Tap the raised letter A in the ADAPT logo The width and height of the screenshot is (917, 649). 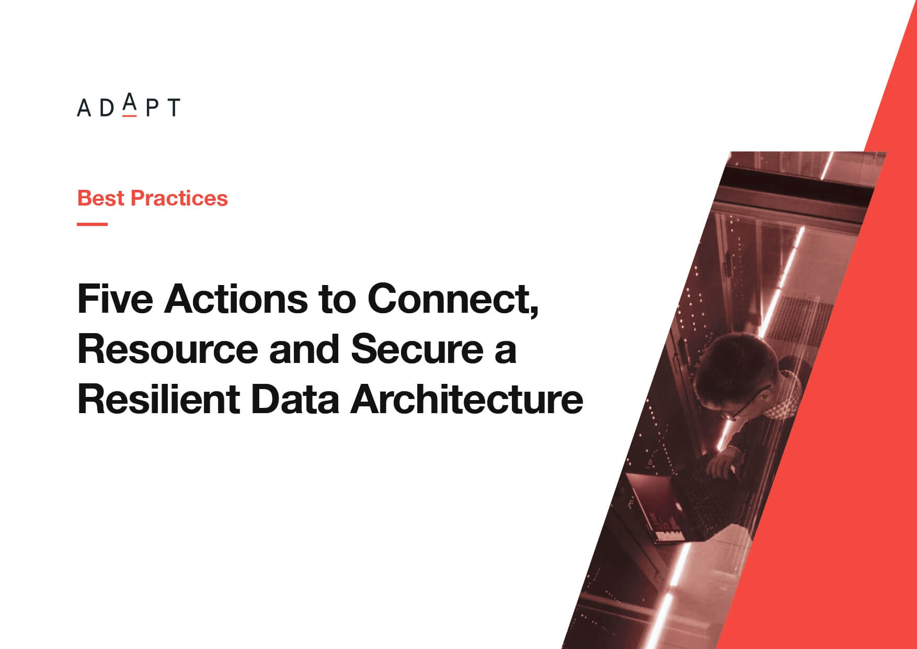coord(130,103)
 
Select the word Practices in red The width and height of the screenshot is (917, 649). coord(179,198)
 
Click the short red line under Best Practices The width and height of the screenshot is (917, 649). coord(92,224)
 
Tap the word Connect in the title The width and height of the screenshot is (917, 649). coord(449,299)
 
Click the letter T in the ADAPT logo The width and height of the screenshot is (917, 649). coord(173,108)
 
